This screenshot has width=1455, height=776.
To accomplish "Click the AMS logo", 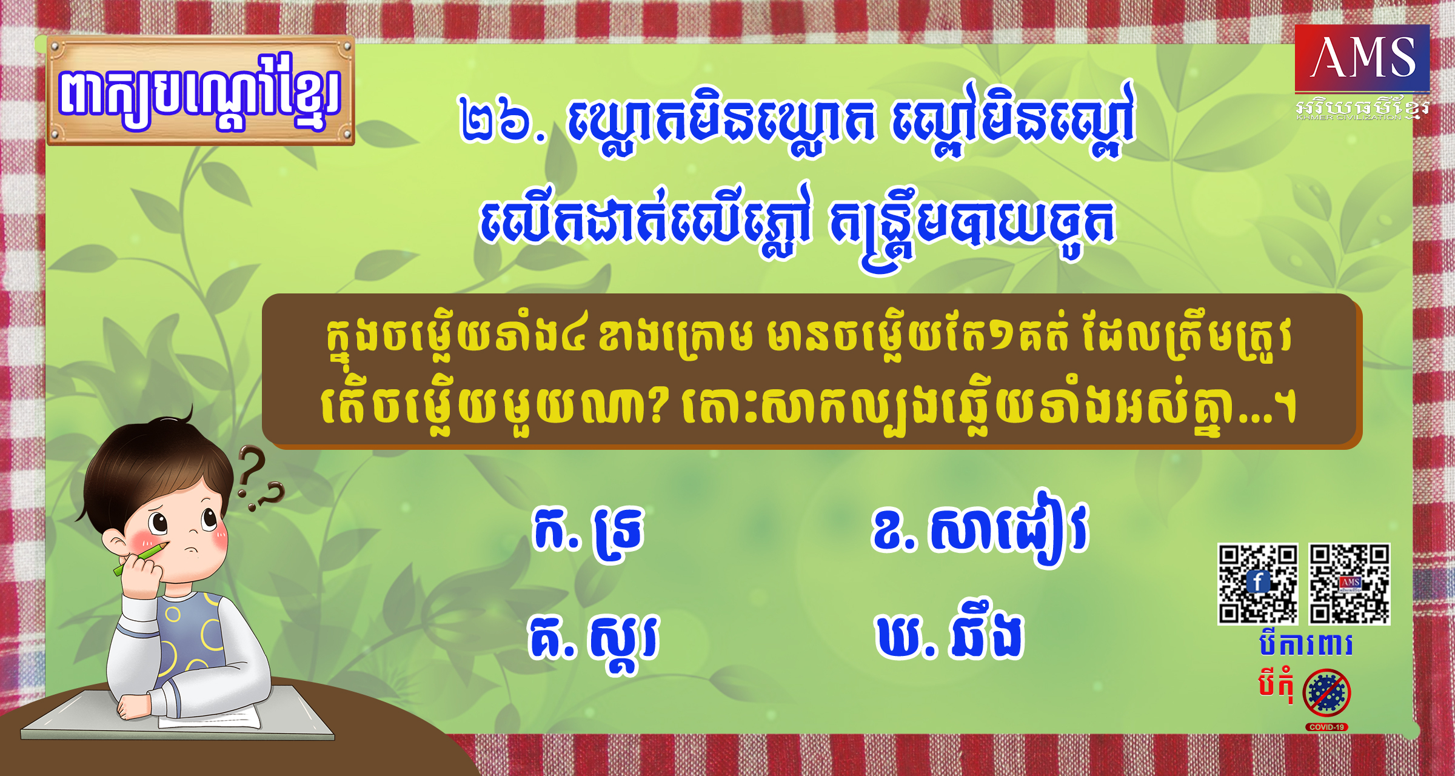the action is coord(1362,58).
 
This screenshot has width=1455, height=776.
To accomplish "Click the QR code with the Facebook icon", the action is coord(1258,584).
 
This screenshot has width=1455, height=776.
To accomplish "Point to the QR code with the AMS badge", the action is coord(1350,584).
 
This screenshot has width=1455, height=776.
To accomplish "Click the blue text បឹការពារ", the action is coord(1305,644).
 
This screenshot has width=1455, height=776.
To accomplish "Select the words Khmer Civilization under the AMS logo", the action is coord(1349,117).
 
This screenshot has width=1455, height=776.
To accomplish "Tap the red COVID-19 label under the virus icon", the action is coord(1326,727).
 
